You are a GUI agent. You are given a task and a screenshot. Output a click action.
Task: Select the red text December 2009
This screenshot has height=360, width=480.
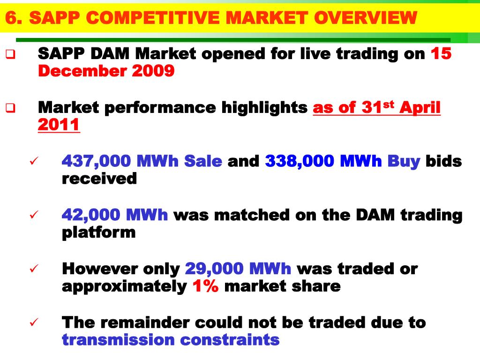click(106, 71)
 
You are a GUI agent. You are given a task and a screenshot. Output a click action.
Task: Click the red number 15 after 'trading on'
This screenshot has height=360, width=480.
click(441, 54)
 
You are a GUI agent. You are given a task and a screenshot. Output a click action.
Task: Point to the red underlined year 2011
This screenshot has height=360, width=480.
click(59, 125)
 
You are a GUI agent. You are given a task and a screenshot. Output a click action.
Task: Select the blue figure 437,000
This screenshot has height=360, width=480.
click(97, 161)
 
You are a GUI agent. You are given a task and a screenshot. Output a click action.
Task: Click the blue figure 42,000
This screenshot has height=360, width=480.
click(91, 215)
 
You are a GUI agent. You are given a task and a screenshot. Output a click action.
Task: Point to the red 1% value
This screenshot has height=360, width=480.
click(205, 286)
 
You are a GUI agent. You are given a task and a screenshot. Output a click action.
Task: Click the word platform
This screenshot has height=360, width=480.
click(98, 232)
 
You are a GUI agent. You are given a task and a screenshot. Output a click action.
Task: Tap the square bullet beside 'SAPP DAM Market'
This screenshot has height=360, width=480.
click(10, 54)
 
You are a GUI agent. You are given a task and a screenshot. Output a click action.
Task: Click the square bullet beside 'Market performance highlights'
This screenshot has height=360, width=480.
click(10, 108)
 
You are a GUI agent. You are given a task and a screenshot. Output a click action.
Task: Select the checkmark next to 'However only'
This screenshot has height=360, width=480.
click(33, 269)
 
